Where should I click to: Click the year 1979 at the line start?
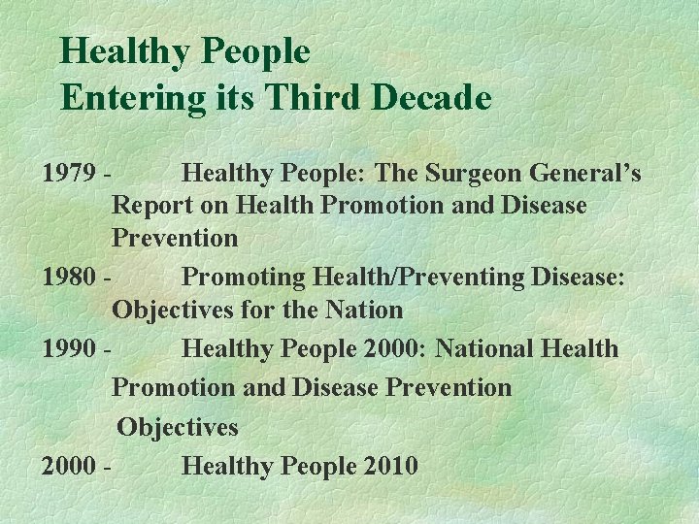pos(69,174)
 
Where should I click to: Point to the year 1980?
pos(69,278)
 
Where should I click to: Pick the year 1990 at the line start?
pos(69,348)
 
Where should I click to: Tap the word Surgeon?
pos(473,174)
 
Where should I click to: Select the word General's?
pos(586,174)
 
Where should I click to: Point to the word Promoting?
pos(244,278)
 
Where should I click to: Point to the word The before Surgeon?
pos(394,174)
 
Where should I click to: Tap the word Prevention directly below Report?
pos(175,238)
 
